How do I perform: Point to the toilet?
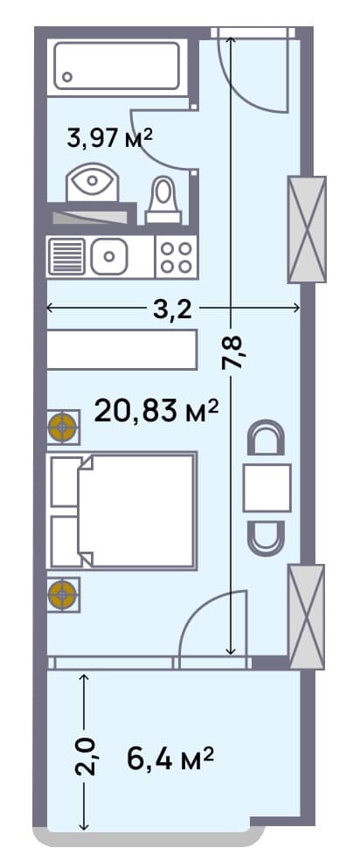click(163, 198)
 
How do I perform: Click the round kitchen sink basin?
click(110, 257)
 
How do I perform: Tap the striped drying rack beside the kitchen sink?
click(67, 257)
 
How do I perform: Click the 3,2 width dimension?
click(173, 309)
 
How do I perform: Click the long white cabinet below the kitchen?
click(121, 350)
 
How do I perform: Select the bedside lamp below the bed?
click(63, 594)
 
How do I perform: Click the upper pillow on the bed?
click(66, 481)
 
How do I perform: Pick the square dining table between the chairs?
click(267, 488)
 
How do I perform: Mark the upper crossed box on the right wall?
click(307, 229)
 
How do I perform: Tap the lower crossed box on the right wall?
click(307, 616)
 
